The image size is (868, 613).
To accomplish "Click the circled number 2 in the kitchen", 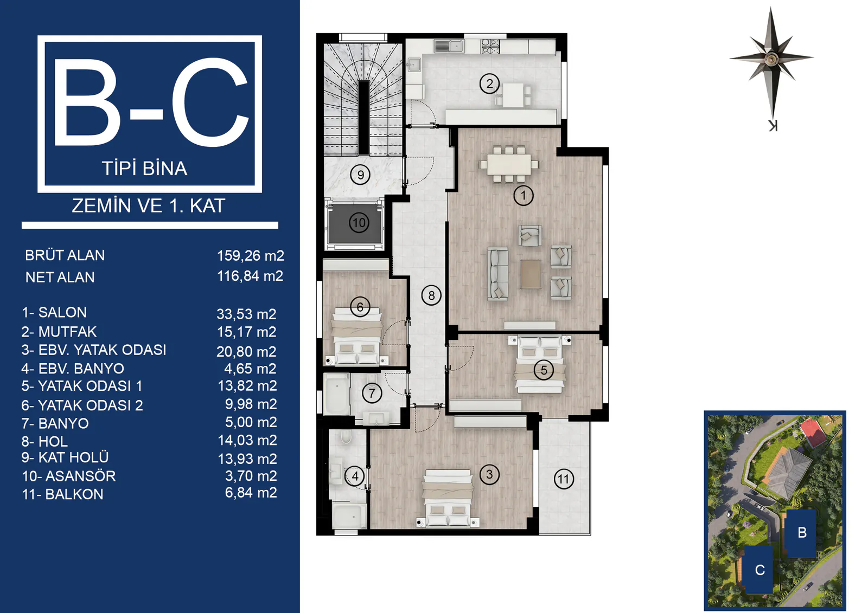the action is click(x=489, y=83).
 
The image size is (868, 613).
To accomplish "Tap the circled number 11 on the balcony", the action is click(x=564, y=480).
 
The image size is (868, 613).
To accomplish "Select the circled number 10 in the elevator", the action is click(x=359, y=223).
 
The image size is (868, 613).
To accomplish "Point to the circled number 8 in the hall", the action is click(x=431, y=295).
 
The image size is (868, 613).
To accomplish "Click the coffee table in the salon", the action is click(x=531, y=274).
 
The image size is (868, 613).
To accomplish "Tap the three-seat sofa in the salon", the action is click(x=498, y=274).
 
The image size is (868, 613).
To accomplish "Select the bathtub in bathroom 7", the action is click(x=337, y=394).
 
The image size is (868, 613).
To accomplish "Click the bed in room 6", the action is click(x=357, y=337).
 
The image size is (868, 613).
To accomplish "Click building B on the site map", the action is click(x=801, y=533).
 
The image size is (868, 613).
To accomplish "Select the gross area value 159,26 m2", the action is click(x=250, y=256).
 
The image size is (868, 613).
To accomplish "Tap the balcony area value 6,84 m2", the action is click(x=251, y=493).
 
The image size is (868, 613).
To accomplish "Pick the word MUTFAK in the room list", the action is click(x=67, y=332).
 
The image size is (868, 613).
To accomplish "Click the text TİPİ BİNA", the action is click(x=144, y=169).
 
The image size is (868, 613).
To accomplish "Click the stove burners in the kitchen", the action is click(x=490, y=46).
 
